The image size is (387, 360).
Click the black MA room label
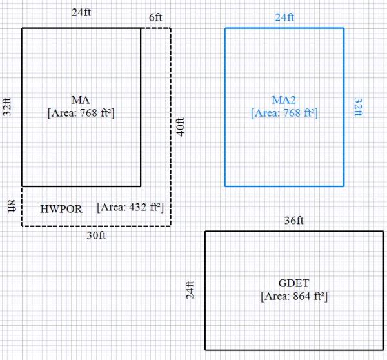(81, 99)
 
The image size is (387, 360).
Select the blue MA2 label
(284, 99)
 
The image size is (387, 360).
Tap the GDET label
(294, 285)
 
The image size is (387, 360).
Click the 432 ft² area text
(130, 208)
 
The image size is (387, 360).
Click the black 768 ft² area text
(81, 112)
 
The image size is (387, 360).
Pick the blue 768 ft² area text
(284, 112)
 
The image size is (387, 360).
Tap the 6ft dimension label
(155, 18)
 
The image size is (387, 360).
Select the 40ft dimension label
(181, 126)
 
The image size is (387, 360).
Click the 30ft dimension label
(96, 236)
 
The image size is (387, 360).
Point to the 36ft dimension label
(293, 221)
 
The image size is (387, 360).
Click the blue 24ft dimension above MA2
(284, 18)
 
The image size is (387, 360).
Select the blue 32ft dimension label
(358, 107)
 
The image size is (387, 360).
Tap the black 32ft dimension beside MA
(8, 107)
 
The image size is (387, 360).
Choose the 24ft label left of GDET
(190, 290)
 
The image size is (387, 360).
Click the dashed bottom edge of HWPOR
(96, 226)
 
